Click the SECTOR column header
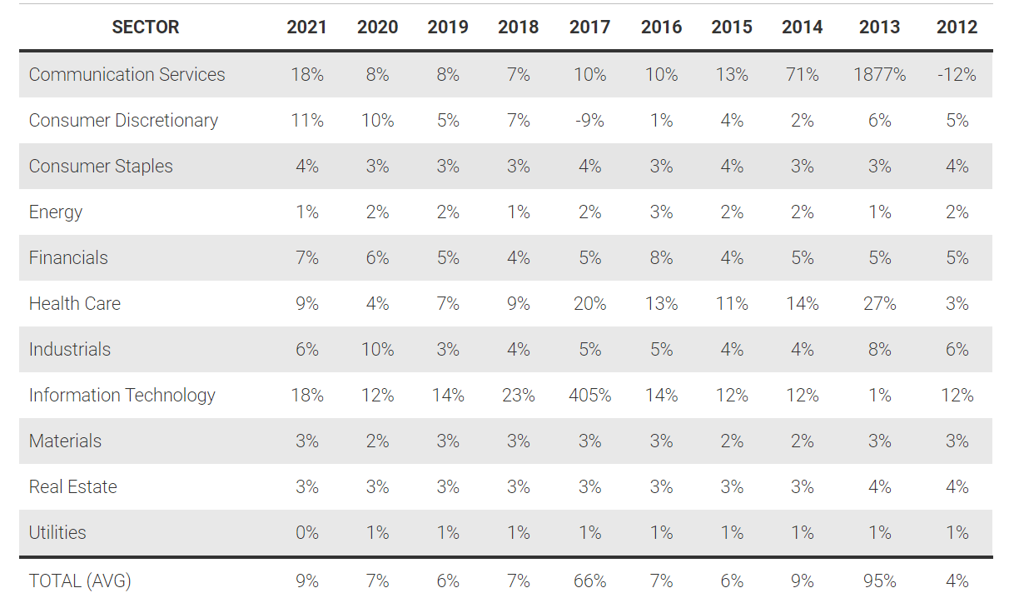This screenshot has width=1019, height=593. coord(145,27)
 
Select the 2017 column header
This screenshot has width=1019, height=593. coord(589,27)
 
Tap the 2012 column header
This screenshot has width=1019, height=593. coord(957,27)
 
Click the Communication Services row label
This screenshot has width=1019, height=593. coord(127,75)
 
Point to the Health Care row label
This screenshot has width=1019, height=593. coord(75,304)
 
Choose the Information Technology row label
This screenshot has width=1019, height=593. coord(122,396)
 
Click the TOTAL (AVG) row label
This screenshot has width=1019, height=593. coord(80,581)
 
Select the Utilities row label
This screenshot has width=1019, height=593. coord(57,533)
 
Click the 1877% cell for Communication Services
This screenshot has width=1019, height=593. coord(879,75)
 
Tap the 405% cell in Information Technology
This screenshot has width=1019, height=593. coord(589,396)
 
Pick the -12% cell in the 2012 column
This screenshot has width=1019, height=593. coord(957,75)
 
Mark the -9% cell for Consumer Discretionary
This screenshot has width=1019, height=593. coord(589,121)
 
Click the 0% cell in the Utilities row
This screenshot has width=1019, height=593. coord(306,533)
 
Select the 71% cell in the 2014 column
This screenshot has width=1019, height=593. coord(802,75)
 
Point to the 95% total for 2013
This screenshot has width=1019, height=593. coord(879,581)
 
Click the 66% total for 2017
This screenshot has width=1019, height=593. coord(589,581)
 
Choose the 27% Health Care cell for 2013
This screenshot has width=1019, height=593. coord(879,304)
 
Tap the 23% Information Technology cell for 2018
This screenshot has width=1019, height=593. coord(518,396)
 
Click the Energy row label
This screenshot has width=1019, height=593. coord(56,212)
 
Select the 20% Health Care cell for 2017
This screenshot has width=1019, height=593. coord(589,304)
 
